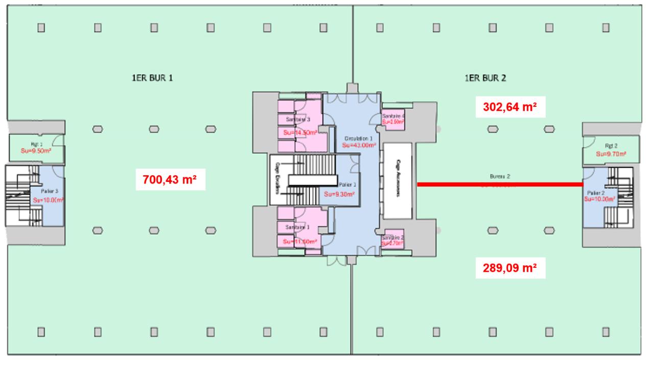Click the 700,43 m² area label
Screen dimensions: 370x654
click(171, 180)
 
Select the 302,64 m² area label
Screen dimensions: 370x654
click(509, 107)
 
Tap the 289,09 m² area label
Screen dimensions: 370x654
click(509, 267)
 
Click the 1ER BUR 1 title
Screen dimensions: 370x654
click(152, 78)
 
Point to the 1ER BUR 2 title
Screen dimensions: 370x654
click(485, 78)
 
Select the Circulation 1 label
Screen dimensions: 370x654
click(358, 138)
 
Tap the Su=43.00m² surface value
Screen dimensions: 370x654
click(359, 145)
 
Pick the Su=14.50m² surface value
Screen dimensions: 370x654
click(300, 132)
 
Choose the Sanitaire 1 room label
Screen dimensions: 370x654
click(298, 227)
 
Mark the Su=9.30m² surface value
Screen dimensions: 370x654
click(339, 194)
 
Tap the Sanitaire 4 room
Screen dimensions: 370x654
click(393, 119)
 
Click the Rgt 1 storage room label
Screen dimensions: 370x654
click(35, 144)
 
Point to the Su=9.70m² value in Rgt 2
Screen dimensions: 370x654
click(611, 153)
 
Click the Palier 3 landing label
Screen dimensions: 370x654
click(50, 191)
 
